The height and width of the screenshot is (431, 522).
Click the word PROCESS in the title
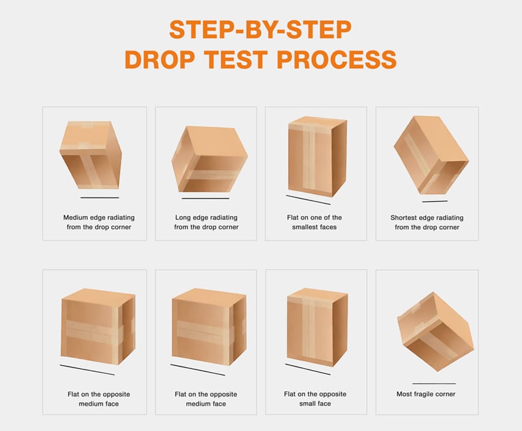pos(337,60)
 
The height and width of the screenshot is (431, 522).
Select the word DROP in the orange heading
pos(160,60)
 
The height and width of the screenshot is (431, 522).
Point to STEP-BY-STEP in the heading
pos(260,30)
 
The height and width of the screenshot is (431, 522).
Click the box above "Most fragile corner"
pos(435,331)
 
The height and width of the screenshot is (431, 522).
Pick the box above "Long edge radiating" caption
pos(209,159)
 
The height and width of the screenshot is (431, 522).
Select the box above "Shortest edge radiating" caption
pos(431,155)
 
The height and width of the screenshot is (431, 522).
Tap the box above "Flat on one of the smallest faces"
pos(317,156)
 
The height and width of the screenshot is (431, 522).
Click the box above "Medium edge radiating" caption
pos(90,155)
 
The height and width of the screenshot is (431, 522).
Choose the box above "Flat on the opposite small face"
pos(317,326)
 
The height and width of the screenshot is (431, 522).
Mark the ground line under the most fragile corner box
pos(434,384)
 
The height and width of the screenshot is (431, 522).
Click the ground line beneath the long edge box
pos(205,199)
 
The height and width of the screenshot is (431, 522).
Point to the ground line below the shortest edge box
pos(434,201)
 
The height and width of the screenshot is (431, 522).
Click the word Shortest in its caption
pos(404,218)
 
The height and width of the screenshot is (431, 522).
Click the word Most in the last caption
pos(404,394)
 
